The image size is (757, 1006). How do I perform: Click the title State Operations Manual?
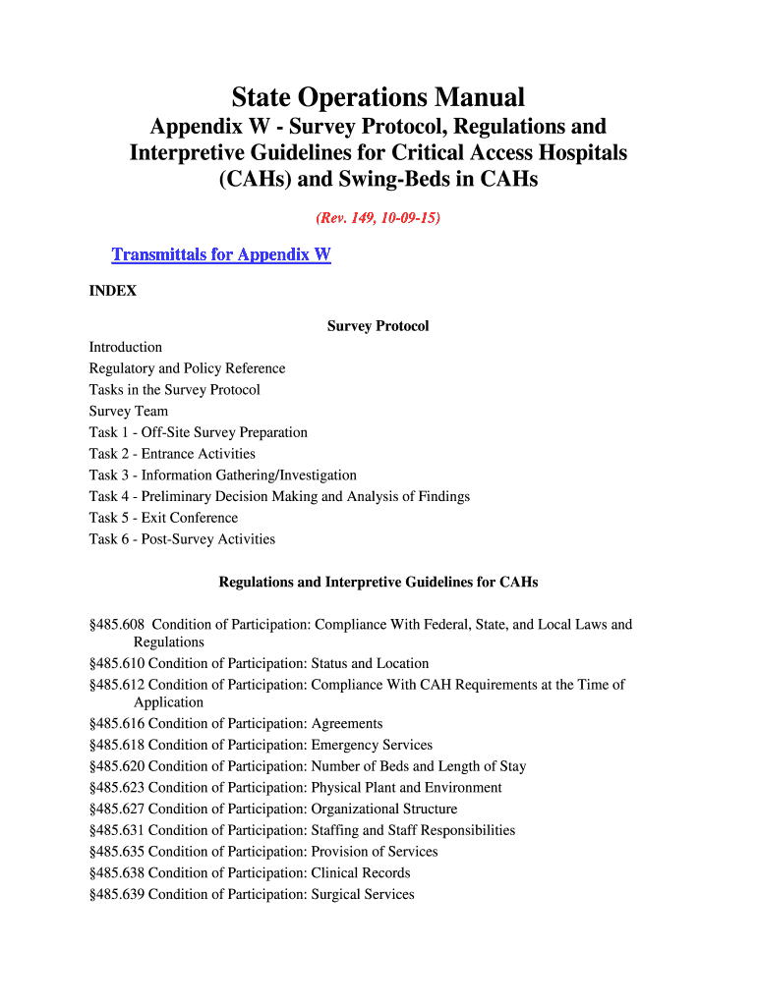(378, 97)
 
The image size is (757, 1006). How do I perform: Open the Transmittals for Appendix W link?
(221, 255)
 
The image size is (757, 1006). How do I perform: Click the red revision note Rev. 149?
(378, 218)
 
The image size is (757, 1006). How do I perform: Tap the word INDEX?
(112, 291)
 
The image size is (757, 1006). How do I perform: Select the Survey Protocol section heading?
(378, 326)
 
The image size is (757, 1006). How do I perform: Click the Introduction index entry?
(126, 348)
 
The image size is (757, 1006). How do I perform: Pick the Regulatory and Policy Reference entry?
(187, 368)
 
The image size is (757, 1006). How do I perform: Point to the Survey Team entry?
(128, 412)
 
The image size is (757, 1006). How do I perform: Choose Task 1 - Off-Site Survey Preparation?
(198, 432)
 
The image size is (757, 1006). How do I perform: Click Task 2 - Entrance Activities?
(172, 454)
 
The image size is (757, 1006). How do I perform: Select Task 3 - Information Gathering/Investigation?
(222, 475)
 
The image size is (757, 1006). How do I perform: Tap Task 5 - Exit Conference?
(163, 518)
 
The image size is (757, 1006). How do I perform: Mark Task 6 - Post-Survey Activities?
(182, 539)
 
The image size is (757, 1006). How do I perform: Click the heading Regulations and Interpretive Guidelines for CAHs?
(378, 583)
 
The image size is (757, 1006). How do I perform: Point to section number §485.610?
(117, 664)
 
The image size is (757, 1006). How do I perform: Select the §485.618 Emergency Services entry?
(261, 746)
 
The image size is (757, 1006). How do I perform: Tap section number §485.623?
(117, 788)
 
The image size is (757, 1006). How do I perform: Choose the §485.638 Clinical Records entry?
(250, 873)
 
